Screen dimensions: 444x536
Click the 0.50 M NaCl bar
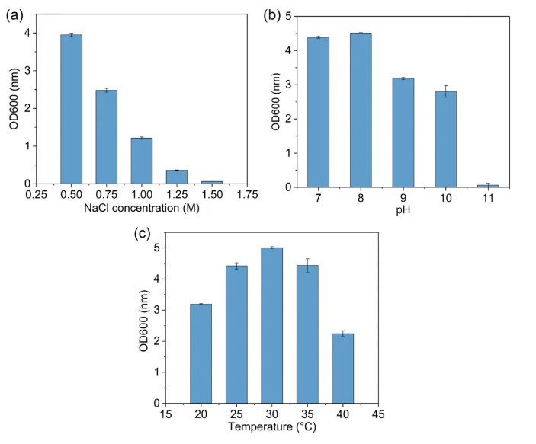pyautogui.click(x=71, y=109)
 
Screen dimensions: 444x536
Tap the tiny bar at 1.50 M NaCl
pyautogui.click(x=212, y=182)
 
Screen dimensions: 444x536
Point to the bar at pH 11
pyautogui.click(x=488, y=185)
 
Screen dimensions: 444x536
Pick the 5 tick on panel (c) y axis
pyautogui.click(x=156, y=248)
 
